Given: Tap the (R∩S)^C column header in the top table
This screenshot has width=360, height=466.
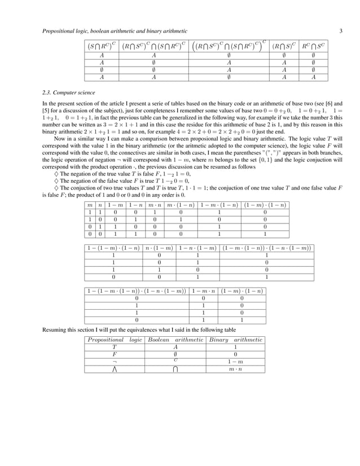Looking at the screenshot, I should pos(284,46).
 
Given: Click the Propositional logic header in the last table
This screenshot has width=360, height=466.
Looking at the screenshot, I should pos(113,340).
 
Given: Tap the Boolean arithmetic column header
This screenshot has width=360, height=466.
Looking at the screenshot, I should pos(175,340).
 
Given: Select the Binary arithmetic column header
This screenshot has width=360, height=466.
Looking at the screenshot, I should pos(236,340).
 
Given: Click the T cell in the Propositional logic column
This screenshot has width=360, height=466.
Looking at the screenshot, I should pos(113,348).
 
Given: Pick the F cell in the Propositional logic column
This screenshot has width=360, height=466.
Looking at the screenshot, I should pos(113,354).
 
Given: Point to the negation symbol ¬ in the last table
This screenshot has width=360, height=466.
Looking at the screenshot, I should pos(113,361).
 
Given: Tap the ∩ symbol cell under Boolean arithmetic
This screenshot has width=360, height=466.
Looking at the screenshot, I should pos(175,369).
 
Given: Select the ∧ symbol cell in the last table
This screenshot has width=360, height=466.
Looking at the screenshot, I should pos(113,369).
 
